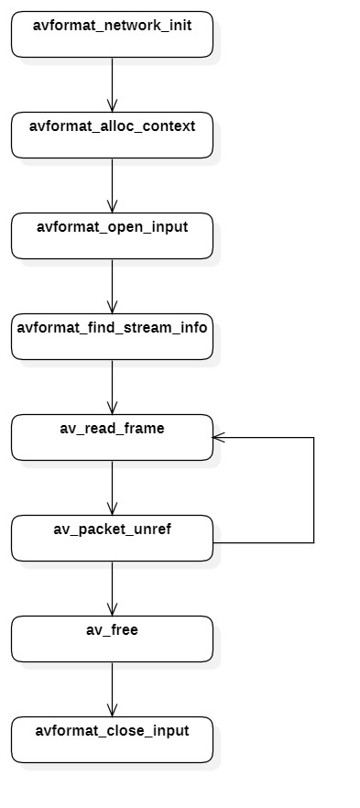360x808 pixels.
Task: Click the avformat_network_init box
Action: pos(112,35)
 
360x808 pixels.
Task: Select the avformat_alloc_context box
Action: pos(112,136)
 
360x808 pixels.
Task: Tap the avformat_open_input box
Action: pos(112,236)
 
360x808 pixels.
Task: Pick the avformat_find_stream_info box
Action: pos(112,337)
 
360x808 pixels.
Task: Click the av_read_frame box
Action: pos(112,438)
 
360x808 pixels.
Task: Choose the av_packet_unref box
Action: pos(112,539)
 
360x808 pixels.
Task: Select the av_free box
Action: pos(112,639)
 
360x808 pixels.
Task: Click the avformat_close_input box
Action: pos(112,740)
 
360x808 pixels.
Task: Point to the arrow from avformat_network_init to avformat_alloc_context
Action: pos(112,84)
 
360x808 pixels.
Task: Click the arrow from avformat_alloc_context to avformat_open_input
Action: pos(112,185)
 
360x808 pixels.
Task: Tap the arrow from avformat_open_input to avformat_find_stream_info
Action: pos(112,286)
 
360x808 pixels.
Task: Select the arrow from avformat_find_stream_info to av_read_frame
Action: pos(112,387)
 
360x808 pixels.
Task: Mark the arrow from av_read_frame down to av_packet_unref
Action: pos(112,487)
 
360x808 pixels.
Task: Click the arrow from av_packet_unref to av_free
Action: pos(112,588)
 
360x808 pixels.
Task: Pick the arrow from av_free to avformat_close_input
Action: pos(112,689)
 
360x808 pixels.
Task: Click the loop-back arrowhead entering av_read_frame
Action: pos(219,438)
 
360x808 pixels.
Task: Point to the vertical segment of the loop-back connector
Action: pos(314,490)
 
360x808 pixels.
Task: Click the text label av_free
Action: pos(112,630)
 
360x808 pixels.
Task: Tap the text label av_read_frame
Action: pos(112,428)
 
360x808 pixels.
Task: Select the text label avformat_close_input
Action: pos(112,731)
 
